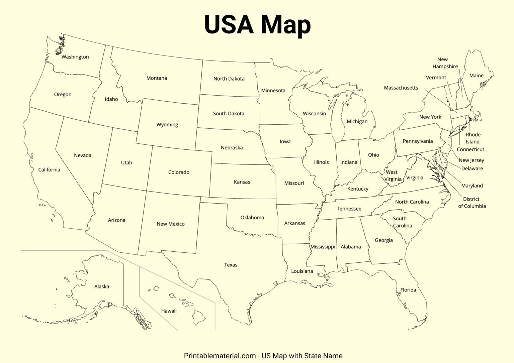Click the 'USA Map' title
(x=257, y=24)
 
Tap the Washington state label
(x=75, y=57)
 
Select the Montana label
(x=157, y=78)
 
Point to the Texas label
(x=231, y=265)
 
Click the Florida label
(x=408, y=290)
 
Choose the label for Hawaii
(x=169, y=311)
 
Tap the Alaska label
(x=101, y=286)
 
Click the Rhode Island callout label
(x=473, y=138)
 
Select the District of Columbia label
(x=472, y=203)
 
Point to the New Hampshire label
(x=445, y=63)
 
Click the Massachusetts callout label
(x=401, y=88)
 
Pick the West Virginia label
(x=393, y=175)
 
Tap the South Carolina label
(x=402, y=222)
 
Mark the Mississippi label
(x=323, y=247)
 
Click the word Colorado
(x=179, y=172)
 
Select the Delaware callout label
(x=472, y=168)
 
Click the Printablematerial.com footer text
(x=263, y=356)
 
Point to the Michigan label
(x=357, y=122)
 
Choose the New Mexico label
(x=170, y=224)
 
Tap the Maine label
(x=476, y=76)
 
